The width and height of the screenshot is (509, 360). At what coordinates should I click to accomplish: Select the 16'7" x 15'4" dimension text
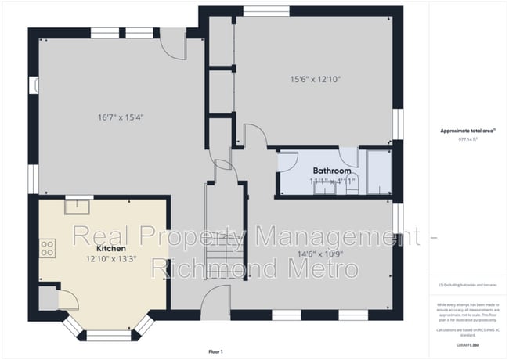point(121,117)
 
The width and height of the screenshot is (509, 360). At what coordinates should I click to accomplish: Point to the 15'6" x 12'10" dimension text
point(316,78)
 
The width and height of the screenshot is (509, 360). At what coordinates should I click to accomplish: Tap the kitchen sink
point(77,207)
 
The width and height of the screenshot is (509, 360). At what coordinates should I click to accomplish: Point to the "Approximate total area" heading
point(467,130)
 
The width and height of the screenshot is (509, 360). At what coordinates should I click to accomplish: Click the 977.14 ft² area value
point(467,139)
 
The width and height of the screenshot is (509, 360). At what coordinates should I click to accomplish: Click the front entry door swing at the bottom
point(214,300)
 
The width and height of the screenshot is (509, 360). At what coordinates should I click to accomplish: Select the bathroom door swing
point(287,160)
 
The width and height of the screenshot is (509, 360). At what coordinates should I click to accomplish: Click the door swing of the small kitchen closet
point(66,298)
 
